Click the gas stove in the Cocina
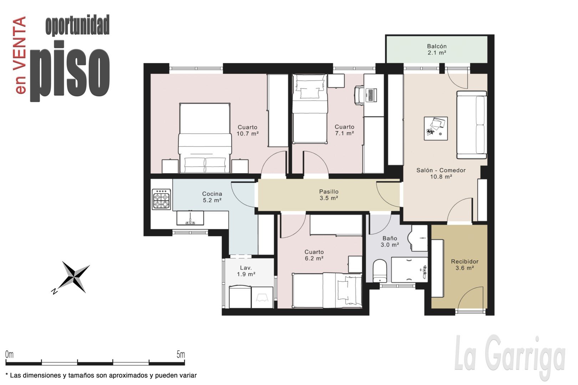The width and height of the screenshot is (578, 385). pos(161,199)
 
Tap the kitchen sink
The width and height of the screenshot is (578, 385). pos(190,218)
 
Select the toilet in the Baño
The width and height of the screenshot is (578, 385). pos(380,271)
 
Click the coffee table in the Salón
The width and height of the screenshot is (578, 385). pos(436,128)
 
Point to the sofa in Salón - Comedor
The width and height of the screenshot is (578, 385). pos(472,125)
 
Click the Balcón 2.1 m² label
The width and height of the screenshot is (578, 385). pos(437,50)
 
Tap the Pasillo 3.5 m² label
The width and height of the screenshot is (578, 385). pos(329,195)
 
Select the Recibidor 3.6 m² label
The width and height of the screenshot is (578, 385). pos(465,265)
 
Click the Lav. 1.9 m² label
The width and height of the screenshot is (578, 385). pos(246,271)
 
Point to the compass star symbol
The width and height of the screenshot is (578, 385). pos(73,277)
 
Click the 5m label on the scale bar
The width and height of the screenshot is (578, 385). pos(181,355)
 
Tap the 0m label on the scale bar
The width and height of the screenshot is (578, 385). pos(9,355)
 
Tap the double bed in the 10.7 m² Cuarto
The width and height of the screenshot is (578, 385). pos(205,138)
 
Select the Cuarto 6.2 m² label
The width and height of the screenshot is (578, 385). pos(314,255)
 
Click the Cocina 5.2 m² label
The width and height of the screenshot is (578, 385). pos(212,197)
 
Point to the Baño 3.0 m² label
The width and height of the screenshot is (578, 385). pos(390,241)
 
